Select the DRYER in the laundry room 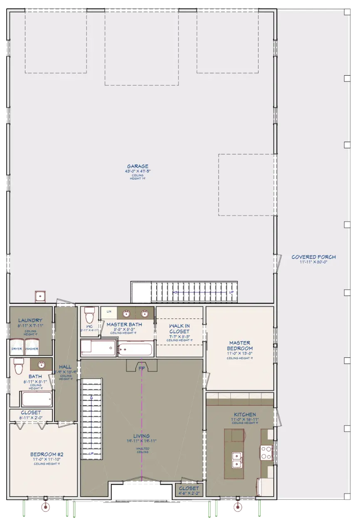tap(17, 348)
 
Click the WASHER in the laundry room tap(32, 348)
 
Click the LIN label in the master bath tap(109, 311)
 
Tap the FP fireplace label tap(142, 368)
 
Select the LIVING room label tap(141, 436)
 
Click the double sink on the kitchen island tap(237, 459)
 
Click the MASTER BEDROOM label tap(240, 346)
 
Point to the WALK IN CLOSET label tap(179, 328)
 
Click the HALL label tap(65, 367)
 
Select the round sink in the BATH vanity tap(42, 365)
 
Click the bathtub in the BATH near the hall tap(37, 399)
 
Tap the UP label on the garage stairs tap(232, 292)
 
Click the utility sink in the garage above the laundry tap(40, 296)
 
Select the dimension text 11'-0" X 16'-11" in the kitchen tap(245, 420)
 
